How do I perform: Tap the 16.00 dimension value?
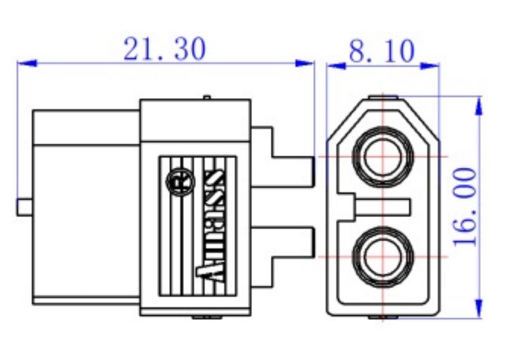(x=465, y=206)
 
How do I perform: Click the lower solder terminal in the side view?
(x=291, y=242)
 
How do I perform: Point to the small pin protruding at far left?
(x=24, y=207)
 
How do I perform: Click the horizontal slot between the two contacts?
(x=383, y=207)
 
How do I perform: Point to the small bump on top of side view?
(x=206, y=97)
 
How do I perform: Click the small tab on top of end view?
(x=383, y=98)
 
